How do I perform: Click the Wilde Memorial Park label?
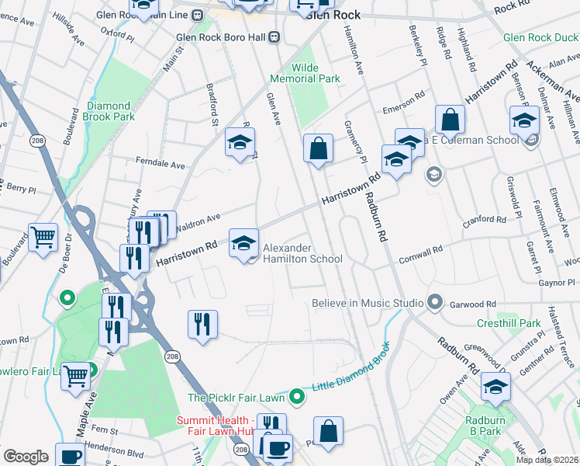pos(305,73)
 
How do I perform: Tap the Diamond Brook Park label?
pos(109,111)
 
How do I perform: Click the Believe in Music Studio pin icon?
pos(435,302)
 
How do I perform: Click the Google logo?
pos(26,457)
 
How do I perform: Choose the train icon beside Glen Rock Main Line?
pos(198,14)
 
